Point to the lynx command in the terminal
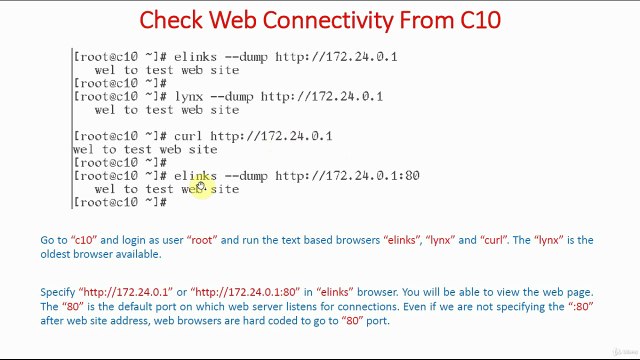(188, 96)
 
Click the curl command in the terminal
(188, 136)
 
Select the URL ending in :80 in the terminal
(347, 176)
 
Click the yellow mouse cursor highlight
(199, 185)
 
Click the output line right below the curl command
(144, 149)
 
